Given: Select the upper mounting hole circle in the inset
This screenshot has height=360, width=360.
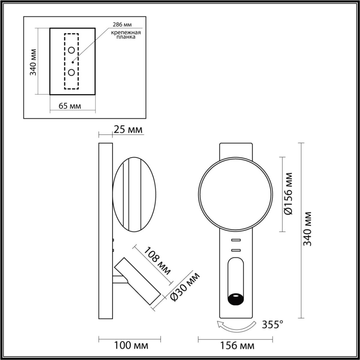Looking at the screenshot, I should coord(71,50).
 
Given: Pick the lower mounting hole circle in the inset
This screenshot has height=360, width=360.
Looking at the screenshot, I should coord(71,72).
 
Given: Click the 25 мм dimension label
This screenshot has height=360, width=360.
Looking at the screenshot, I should coord(127,130).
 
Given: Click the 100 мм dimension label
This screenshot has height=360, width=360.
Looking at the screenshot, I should coord(131,345).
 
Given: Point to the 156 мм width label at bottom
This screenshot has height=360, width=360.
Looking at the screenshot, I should coord(237,345).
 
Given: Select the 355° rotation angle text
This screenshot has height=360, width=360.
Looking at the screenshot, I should coord(272,324).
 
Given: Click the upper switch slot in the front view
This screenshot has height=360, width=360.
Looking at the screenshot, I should coord(236,240).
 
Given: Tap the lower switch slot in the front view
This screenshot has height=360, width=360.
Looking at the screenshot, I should coord(236,250).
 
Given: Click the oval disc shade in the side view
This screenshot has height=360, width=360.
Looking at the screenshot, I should coord(134,194).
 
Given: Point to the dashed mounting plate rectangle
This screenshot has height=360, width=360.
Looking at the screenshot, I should coord(71,61).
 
